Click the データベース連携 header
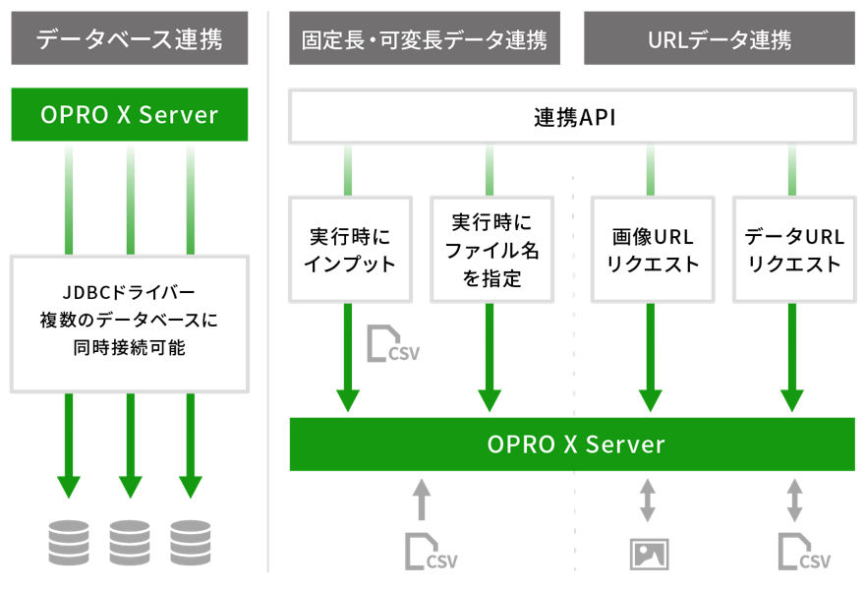129,38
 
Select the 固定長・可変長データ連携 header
425,38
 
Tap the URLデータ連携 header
720,38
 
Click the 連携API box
573,116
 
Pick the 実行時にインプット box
350,250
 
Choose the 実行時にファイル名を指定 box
491,250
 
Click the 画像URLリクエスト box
653,250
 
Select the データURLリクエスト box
794,250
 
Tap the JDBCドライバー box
130,324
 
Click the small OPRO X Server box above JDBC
129,114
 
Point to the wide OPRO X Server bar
572,444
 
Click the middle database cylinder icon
130,543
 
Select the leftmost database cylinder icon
69,543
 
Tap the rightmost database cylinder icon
191,543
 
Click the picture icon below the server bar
650,555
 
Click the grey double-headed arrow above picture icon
648,501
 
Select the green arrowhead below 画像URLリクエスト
651,400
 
